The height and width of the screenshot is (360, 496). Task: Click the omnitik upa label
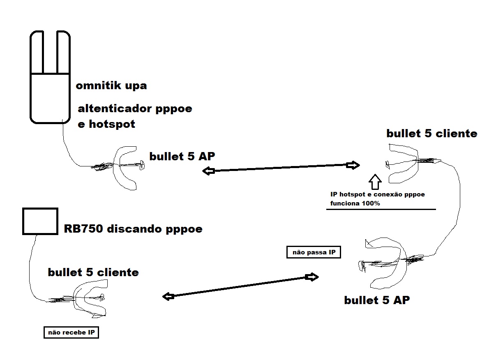point(111,86)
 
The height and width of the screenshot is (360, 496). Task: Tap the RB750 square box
point(40,221)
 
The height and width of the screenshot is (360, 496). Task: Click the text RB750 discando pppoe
point(133,229)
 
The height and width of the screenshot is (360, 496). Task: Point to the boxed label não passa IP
point(314,252)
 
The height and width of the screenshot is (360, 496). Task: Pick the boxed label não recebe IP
point(72,332)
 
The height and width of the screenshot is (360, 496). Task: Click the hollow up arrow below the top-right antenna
point(375,180)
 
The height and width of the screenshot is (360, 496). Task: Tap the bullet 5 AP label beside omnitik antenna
point(182,156)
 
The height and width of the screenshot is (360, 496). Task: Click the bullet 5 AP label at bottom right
point(377,300)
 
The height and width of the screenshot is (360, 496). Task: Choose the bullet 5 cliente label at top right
point(431,134)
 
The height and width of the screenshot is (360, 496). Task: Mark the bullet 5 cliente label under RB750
point(93,272)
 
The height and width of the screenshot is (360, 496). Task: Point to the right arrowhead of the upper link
point(353,165)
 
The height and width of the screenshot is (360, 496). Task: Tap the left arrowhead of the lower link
point(167,296)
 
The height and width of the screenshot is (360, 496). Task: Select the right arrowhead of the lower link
point(313,277)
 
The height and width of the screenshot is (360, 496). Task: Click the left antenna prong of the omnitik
point(37,51)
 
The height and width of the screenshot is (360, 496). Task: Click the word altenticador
point(115,109)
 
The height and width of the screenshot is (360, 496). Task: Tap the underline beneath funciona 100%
point(381,209)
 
